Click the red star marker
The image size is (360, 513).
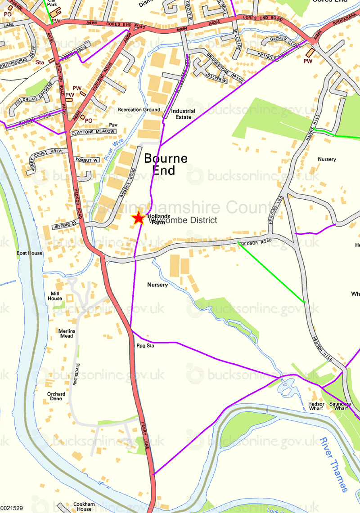138,218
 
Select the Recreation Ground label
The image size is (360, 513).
139,110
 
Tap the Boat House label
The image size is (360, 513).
29,253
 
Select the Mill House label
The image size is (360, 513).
55,296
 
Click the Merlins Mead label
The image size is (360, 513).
66,333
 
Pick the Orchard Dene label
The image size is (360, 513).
56,396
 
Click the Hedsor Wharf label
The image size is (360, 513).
316,406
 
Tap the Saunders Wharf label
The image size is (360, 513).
341,406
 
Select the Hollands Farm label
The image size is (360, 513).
158,219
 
